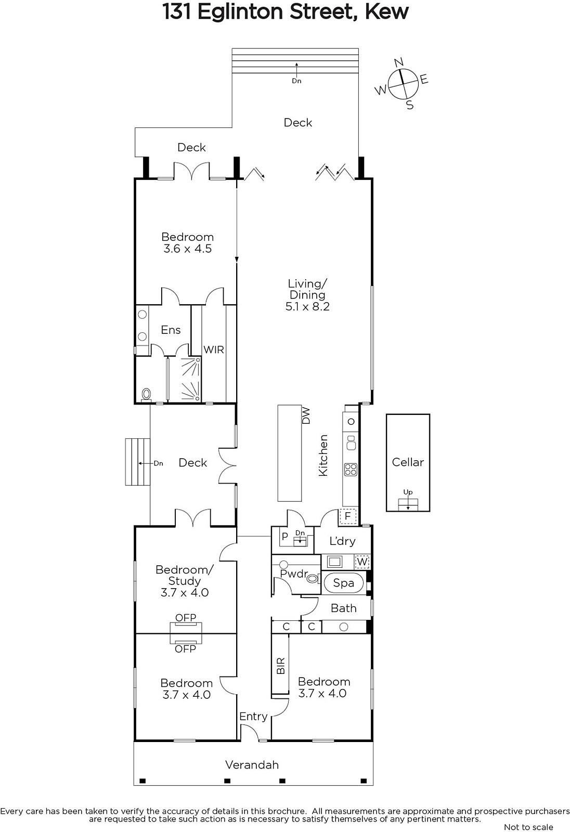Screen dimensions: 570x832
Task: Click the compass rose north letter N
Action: click(x=399, y=62)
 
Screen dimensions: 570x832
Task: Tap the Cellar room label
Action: click(x=408, y=462)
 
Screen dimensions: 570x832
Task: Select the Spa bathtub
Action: click(x=344, y=583)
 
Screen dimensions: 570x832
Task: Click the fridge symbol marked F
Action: click(x=348, y=516)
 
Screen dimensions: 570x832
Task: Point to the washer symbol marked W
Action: click(x=362, y=562)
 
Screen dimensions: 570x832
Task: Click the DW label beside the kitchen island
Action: click(x=306, y=416)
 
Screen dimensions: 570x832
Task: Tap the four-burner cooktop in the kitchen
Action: click(x=351, y=470)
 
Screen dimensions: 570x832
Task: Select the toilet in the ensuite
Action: click(x=147, y=395)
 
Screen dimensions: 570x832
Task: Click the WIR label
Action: click(x=214, y=349)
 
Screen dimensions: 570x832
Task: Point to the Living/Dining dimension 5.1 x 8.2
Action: click(x=307, y=306)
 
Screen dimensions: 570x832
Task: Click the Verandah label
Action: click(x=252, y=765)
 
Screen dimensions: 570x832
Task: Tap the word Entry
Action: click(x=253, y=717)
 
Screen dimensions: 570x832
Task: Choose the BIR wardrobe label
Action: click(x=281, y=666)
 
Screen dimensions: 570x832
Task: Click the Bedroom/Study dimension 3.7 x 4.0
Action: click(x=185, y=592)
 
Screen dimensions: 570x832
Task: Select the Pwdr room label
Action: click(x=294, y=574)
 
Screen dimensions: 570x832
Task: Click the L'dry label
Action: click(x=342, y=541)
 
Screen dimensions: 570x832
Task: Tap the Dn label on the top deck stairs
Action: click(x=296, y=81)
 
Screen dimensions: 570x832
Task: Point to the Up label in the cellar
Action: click(x=408, y=492)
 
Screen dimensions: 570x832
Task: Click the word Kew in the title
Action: click(x=387, y=12)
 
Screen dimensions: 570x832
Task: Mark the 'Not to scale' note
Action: click(x=528, y=827)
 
